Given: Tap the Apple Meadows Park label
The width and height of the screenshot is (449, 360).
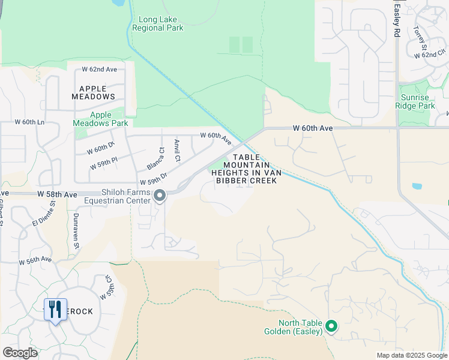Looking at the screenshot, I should (x=100, y=119).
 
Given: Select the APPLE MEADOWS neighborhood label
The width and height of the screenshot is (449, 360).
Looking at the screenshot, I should (x=93, y=92).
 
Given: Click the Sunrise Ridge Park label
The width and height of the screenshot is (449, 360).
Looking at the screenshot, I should (x=415, y=101).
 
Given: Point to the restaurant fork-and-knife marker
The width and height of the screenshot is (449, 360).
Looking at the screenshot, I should (x=55, y=310).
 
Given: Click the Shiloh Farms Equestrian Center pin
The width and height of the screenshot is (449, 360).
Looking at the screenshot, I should (x=160, y=196).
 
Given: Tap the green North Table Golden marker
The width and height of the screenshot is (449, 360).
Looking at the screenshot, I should (x=331, y=327).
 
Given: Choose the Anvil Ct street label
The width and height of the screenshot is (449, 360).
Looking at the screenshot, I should (x=177, y=151).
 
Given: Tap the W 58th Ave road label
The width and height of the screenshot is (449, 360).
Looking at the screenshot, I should (x=57, y=195).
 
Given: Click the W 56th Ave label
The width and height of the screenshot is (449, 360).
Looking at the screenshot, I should (x=35, y=262).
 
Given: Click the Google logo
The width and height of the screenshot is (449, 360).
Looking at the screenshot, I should (x=20, y=353).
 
